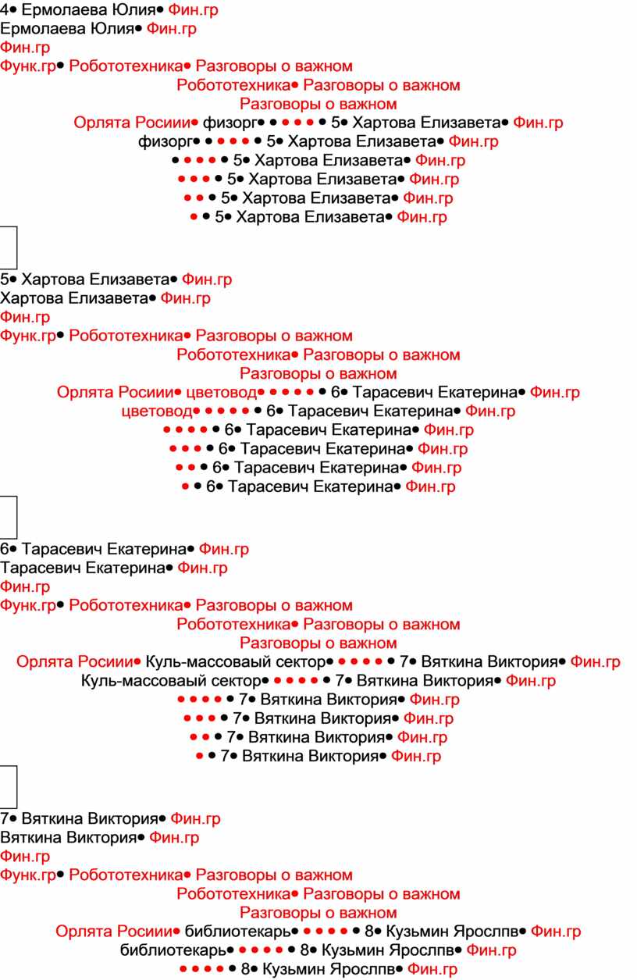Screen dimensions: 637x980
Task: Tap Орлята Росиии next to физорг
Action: coord(133,123)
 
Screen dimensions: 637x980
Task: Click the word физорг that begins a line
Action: coord(165,142)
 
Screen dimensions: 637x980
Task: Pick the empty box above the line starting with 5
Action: coord(9,248)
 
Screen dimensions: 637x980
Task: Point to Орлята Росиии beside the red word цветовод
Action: coord(116,392)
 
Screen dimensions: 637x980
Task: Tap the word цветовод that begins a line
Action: coord(157,412)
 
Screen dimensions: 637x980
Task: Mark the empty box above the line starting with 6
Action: coord(9,517)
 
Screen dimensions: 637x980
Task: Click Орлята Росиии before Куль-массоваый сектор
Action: coord(75,661)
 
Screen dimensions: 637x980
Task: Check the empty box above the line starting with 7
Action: coord(9,786)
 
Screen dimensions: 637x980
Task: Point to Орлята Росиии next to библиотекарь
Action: coord(114,931)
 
